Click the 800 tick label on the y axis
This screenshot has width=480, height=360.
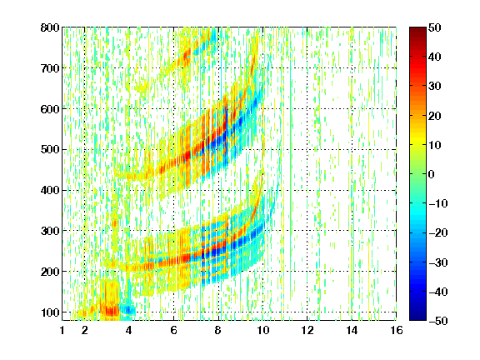click(x=50, y=27)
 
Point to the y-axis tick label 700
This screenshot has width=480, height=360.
click(x=50, y=68)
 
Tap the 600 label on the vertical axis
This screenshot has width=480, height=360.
click(x=50, y=109)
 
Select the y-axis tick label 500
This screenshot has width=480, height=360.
click(x=50, y=150)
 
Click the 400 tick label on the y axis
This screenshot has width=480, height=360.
click(x=50, y=190)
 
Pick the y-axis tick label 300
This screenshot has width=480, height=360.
click(x=50, y=231)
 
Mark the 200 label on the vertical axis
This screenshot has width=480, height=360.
click(x=50, y=272)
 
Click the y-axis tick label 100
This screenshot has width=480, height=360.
click(x=50, y=312)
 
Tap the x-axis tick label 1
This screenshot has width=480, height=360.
click(x=62, y=330)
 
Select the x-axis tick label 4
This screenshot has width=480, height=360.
click(x=129, y=330)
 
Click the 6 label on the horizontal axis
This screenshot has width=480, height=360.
click(x=173, y=330)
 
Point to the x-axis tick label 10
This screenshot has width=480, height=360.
click(x=262, y=330)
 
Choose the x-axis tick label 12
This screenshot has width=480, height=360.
click(x=307, y=330)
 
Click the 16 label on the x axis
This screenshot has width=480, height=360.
click(x=396, y=330)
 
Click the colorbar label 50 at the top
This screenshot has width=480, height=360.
click(x=434, y=27)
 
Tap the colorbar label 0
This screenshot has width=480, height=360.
click(x=432, y=174)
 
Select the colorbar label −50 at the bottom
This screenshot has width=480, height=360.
click(x=438, y=321)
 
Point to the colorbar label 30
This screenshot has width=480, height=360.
click(x=434, y=87)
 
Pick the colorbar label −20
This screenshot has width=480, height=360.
click(x=438, y=232)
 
